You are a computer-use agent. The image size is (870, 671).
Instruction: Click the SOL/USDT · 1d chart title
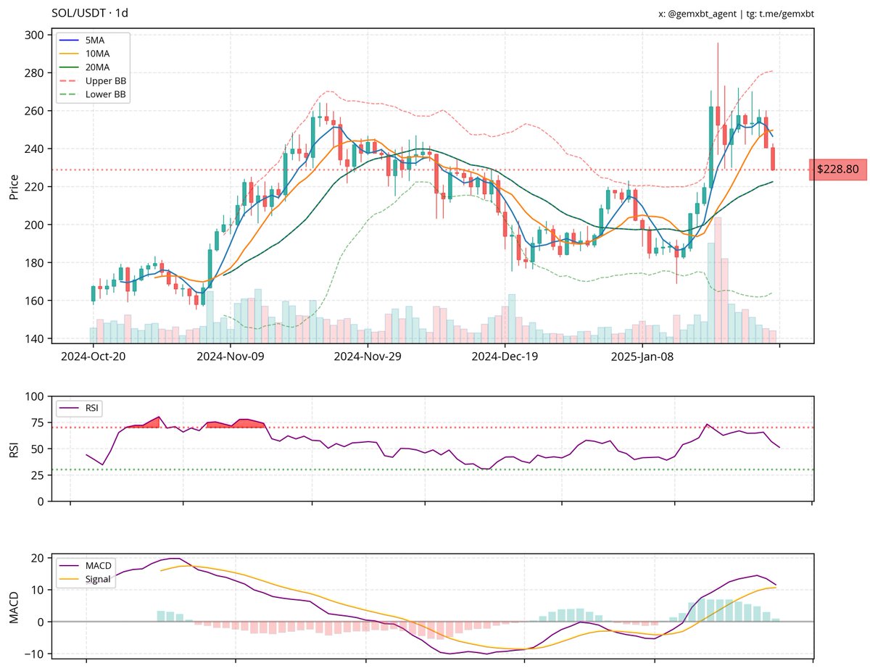pyautogui.click(x=91, y=13)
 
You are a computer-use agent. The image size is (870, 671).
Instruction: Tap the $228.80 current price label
pyautogui.click(x=837, y=169)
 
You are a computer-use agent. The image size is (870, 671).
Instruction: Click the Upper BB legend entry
pyautogui.click(x=105, y=80)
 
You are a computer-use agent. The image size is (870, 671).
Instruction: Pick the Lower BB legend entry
pyautogui.click(x=105, y=94)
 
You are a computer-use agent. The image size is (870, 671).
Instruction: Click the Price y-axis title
pyautogui.click(x=14, y=186)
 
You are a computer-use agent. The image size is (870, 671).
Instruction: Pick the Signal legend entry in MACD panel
pyautogui.click(x=99, y=580)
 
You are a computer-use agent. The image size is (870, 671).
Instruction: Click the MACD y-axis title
pyautogui.click(x=14, y=606)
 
